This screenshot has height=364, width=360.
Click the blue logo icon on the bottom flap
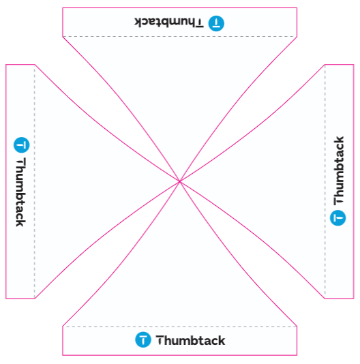143,339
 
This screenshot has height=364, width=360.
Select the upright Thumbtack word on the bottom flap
190,341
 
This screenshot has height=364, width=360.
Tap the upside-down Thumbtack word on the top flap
169,22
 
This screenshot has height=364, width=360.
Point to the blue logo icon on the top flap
216,23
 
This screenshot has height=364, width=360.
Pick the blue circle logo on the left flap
22,145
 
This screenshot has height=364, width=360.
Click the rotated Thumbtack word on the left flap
20,192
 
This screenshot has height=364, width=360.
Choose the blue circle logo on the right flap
338,217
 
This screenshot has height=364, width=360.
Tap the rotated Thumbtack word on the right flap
339,170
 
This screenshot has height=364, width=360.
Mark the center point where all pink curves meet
180,181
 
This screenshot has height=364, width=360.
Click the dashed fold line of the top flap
180,36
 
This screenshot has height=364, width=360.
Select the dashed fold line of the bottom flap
180,327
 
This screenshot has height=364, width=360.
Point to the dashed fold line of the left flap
35,181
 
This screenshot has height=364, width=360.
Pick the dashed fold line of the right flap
325,181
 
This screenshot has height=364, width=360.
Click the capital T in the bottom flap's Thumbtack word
160,340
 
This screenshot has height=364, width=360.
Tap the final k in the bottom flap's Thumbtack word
222,341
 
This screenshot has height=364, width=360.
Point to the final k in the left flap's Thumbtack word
20,223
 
